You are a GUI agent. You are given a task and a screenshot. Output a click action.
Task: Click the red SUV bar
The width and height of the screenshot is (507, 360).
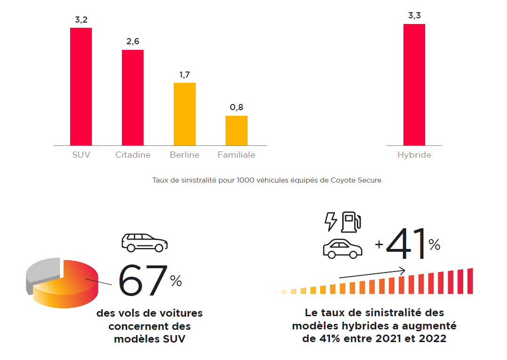(x=81, y=87)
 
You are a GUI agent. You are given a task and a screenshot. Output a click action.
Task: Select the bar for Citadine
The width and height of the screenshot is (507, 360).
(x=133, y=97)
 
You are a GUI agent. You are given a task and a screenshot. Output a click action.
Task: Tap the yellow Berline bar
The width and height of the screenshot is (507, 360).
(x=185, y=114)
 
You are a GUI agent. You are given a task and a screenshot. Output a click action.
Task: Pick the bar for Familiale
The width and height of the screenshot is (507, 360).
(x=236, y=130)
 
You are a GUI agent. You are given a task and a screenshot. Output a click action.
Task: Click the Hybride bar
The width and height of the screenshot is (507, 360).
(x=414, y=85)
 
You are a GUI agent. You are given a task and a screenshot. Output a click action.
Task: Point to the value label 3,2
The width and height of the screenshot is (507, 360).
(x=81, y=20)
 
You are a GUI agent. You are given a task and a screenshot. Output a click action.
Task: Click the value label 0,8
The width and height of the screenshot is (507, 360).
(x=236, y=107)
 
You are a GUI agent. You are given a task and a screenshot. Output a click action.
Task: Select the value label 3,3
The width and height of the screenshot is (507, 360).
(x=414, y=16)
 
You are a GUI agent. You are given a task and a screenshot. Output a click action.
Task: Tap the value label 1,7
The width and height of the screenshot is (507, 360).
(x=185, y=75)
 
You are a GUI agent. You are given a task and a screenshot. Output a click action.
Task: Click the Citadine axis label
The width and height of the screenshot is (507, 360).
(x=133, y=155)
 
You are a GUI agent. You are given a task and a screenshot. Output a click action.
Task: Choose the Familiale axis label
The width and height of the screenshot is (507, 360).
(x=236, y=155)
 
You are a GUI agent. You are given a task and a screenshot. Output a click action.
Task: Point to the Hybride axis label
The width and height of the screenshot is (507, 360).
(x=414, y=155)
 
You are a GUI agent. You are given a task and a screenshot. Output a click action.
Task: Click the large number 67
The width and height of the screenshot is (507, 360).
(x=143, y=281)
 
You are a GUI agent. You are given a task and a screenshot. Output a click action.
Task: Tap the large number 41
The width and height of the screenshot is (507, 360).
(x=406, y=244)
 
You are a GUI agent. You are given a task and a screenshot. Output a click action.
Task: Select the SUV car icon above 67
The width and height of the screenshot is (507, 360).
(x=145, y=242)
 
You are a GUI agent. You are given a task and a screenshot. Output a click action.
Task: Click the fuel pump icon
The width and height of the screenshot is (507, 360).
(x=351, y=222)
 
